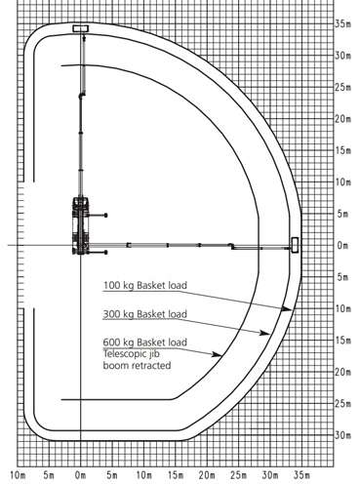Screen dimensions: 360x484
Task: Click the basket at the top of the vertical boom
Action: (x=81, y=28)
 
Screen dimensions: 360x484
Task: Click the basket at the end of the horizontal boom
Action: (x=295, y=245)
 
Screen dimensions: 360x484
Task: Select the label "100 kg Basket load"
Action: (x=145, y=285)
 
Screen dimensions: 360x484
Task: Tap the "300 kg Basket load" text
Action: (x=145, y=314)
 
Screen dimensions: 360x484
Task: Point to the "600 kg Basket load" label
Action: (x=145, y=343)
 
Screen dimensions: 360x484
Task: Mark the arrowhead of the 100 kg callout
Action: (x=286, y=308)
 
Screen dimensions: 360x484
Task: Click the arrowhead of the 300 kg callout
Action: (x=264, y=333)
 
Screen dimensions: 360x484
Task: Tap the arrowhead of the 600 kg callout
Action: (x=217, y=354)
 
